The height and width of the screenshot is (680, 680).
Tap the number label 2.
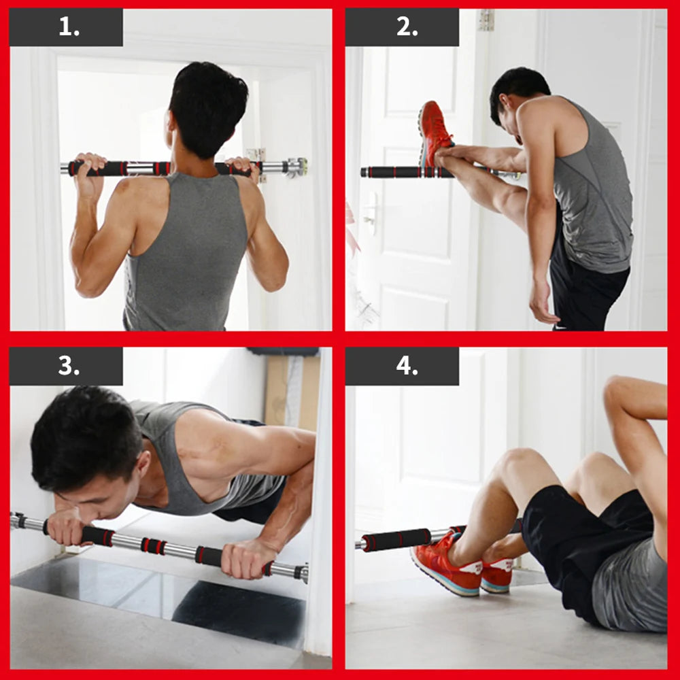pyautogui.click(x=406, y=27)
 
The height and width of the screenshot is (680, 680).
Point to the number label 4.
pyautogui.click(x=406, y=367)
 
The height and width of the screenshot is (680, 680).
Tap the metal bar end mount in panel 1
pyautogui.click(x=296, y=167)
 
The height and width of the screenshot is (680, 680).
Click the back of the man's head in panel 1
pyautogui.click(x=207, y=102)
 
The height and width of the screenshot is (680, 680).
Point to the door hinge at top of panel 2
pyautogui.click(x=485, y=20)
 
